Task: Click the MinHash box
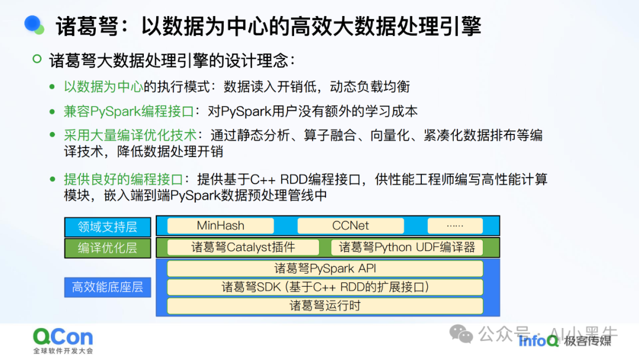pos(220,226)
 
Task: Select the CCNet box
pos(350,226)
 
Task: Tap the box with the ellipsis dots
pos(454,226)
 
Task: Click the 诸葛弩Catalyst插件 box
pos(243,247)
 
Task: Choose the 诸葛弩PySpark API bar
pos(325,268)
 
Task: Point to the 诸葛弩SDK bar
pos(325,287)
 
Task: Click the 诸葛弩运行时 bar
pos(325,306)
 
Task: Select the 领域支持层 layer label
pos(107,226)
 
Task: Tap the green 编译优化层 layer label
pos(107,248)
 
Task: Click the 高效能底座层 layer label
pos(107,288)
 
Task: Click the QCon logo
pos(63,337)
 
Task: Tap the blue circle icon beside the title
pos(34,24)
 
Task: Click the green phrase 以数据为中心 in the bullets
pos(103,86)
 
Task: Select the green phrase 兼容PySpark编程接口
pos(129,111)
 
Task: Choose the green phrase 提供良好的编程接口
pos(122,179)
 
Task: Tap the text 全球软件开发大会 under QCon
pos(63,351)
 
